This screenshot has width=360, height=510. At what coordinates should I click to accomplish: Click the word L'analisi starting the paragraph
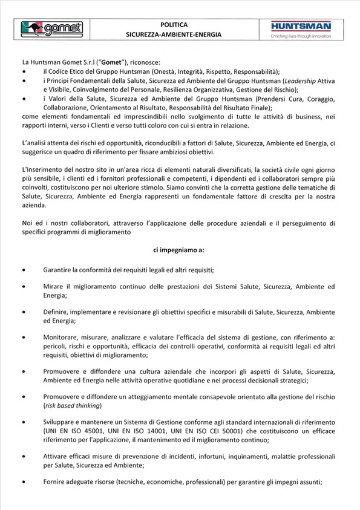click(34, 143)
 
